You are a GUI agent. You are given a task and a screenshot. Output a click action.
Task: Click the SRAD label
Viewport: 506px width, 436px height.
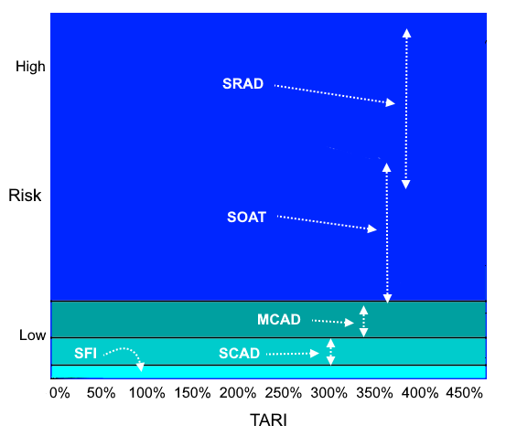(x=243, y=84)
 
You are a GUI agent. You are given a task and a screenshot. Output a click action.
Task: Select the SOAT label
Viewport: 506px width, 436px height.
(x=246, y=218)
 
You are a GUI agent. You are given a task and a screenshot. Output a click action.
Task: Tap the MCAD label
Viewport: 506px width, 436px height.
(x=279, y=320)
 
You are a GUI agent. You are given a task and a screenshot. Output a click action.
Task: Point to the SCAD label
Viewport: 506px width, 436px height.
(x=239, y=354)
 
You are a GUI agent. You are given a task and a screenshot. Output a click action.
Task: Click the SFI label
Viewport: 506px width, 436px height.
(x=85, y=354)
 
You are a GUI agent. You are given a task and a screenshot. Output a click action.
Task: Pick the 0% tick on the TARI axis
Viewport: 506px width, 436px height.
(x=59, y=393)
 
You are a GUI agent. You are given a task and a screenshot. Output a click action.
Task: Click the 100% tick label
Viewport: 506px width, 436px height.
(x=147, y=393)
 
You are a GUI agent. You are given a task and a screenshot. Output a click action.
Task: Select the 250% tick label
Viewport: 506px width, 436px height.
(x=284, y=393)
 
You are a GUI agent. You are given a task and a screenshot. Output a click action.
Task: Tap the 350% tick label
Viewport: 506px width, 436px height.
(x=374, y=393)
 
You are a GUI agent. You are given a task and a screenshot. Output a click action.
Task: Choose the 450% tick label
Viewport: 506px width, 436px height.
(x=465, y=393)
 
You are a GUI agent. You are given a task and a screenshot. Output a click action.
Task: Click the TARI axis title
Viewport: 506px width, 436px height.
(x=268, y=420)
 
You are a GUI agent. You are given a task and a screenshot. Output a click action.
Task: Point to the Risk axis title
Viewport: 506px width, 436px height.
(x=25, y=196)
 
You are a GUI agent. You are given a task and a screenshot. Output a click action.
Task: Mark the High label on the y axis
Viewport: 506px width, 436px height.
(x=30, y=67)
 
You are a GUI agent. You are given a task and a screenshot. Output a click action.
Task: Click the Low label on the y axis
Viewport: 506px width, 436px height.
(x=32, y=335)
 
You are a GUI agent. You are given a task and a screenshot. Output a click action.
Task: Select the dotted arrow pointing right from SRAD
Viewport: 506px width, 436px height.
(x=335, y=94)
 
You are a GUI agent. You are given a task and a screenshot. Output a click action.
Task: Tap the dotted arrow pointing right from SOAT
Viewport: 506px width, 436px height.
(x=327, y=222)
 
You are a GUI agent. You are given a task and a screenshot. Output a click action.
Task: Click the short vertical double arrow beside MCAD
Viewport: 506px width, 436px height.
(x=363, y=321)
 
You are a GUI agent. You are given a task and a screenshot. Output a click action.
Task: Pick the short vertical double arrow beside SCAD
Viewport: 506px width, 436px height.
(x=330, y=352)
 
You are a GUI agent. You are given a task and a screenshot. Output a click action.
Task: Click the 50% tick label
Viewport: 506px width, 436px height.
(x=101, y=393)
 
